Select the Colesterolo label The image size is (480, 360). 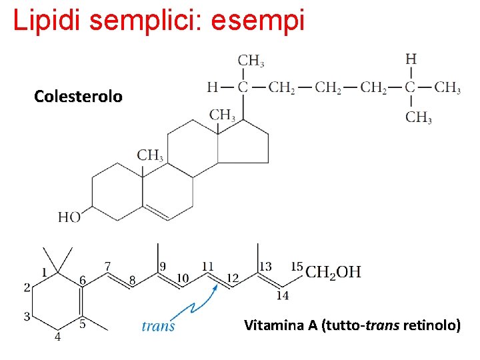78,97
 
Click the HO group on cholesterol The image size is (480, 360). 69,217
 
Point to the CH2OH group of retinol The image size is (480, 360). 333,272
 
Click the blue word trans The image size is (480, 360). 159,325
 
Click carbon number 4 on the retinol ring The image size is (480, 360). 57,337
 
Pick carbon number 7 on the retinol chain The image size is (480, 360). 108,266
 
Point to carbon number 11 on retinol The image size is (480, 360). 208,267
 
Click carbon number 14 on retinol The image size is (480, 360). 283,295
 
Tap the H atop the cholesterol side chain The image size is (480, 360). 411,59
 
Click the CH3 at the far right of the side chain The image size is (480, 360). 447,87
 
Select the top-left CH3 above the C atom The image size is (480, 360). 251,61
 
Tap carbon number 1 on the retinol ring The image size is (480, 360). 45,272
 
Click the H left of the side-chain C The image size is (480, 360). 212,87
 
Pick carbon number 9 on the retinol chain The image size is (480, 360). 163,267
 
